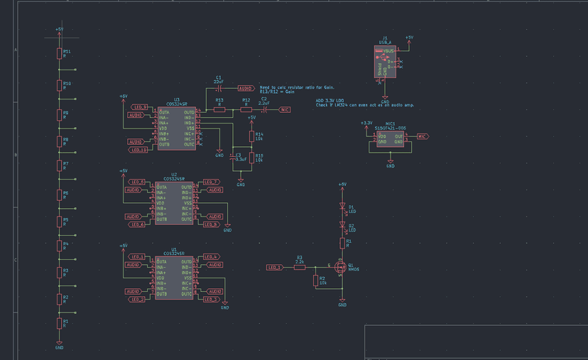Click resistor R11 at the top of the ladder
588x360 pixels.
click(59, 54)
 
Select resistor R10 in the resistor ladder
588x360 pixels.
click(59, 86)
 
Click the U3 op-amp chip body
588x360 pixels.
click(177, 129)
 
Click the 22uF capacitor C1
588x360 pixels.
click(219, 88)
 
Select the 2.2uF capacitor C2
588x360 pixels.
click(263, 110)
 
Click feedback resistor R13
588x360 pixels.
click(219, 110)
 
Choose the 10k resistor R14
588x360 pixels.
click(251, 136)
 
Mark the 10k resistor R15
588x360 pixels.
click(251, 158)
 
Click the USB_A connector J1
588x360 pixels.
click(385, 62)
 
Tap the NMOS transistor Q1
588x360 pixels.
click(340, 268)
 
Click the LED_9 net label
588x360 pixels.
click(140, 107)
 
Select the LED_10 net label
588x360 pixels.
click(138, 150)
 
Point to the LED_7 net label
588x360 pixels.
click(211, 182)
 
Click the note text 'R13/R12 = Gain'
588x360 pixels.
click(277, 92)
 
